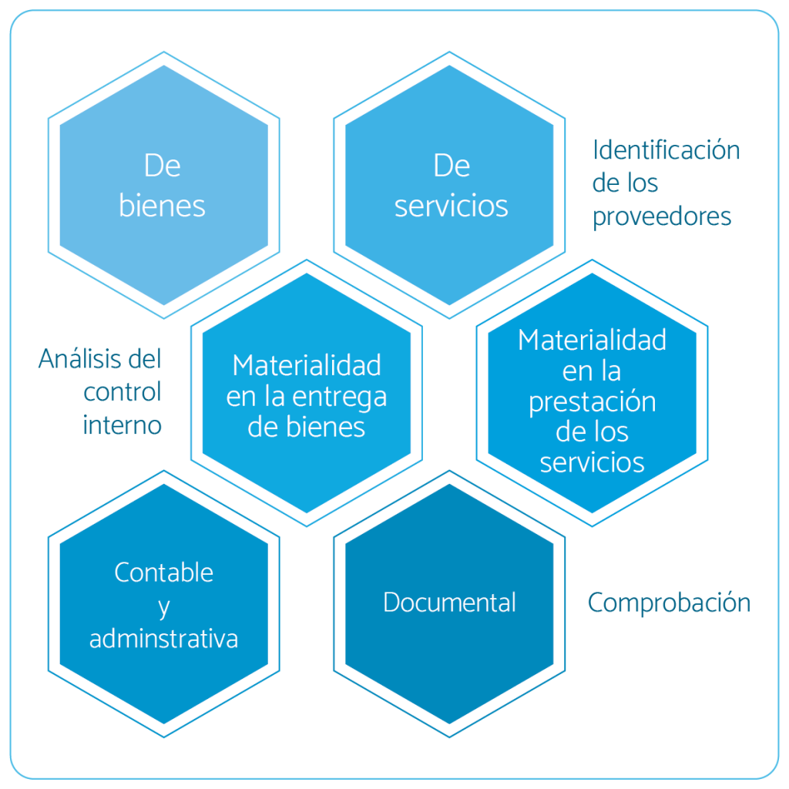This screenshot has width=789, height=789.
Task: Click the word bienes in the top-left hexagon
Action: click(x=162, y=206)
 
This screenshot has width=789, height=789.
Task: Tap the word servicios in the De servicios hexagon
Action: click(x=451, y=206)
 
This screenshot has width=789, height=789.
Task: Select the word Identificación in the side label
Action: click(x=666, y=149)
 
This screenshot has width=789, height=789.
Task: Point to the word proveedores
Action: click(x=661, y=217)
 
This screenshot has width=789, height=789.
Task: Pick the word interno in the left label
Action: click(x=122, y=425)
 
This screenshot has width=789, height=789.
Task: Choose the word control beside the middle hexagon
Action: click(x=123, y=391)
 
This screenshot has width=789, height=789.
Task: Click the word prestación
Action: click(x=592, y=402)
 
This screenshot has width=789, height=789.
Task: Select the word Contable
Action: click(x=163, y=572)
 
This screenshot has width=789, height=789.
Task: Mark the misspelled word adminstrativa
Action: click(x=163, y=639)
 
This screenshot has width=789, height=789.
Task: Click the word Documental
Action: click(x=449, y=602)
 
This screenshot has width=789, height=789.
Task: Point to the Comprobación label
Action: click(x=669, y=602)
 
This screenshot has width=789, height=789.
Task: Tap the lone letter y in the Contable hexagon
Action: click(x=163, y=607)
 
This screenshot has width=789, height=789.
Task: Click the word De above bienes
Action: click(x=162, y=166)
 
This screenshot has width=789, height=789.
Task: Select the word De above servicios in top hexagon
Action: click(x=452, y=166)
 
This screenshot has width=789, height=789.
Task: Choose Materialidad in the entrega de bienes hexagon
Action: click(x=306, y=364)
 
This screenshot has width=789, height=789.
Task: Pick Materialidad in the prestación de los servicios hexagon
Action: click(x=592, y=340)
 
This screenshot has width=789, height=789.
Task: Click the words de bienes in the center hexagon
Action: click(x=306, y=428)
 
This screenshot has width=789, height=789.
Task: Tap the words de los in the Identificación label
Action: click(x=625, y=183)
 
